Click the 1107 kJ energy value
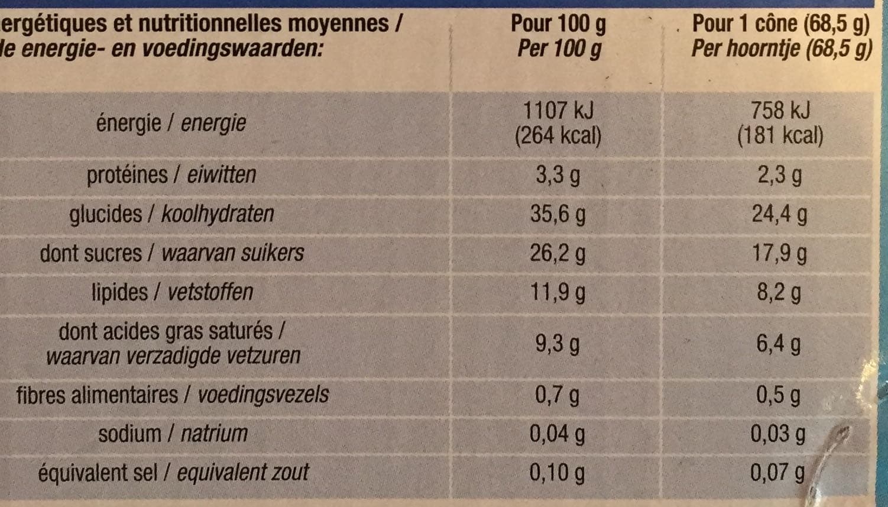[559, 110]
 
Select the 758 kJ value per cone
[780, 110]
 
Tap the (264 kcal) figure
[558, 135]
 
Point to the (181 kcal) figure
[780, 135]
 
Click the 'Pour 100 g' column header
[559, 24]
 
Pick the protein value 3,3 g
[558, 175]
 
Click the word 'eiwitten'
[222, 175]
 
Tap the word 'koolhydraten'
[218, 214]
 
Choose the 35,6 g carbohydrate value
[558, 215]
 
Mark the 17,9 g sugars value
[779, 254]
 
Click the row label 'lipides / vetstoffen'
[173, 292]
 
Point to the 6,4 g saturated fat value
[779, 344]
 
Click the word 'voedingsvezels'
[263, 395]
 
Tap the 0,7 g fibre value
[558, 395]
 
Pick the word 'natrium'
[215, 433]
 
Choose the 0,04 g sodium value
[558, 434]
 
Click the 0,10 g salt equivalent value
[558, 473]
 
